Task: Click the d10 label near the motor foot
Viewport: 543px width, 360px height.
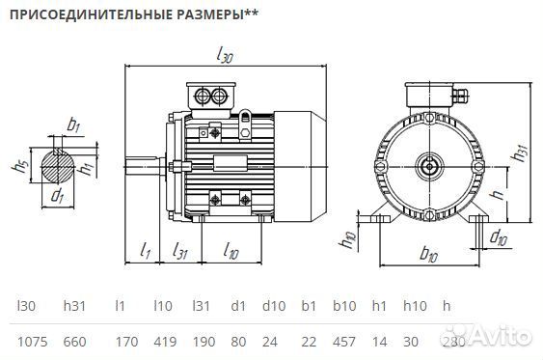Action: pyautogui.click(x=500, y=236)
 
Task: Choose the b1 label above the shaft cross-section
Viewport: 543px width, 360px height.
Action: pyautogui.click(x=73, y=125)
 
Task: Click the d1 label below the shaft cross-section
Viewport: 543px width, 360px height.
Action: pyautogui.click(x=57, y=198)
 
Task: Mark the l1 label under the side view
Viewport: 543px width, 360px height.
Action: pyautogui.click(x=146, y=253)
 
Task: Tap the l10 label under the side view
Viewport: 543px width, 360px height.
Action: pyautogui.click(x=231, y=253)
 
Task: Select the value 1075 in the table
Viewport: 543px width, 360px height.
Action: pyautogui.click(x=33, y=341)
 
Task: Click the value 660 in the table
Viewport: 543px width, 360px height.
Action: pyautogui.click(x=75, y=341)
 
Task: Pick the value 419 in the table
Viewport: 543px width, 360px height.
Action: pyautogui.click(x=166, y=341)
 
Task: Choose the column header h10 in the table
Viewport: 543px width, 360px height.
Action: pyautogui.click(x=414, y=306)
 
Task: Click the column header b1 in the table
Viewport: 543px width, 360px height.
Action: pyautogui.click(x=308, y=306)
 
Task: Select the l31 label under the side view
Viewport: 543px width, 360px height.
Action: pyautogui.click(x=179, y=253)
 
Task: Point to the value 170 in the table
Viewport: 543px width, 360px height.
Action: pyautogui.click(x=125, y=341)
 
